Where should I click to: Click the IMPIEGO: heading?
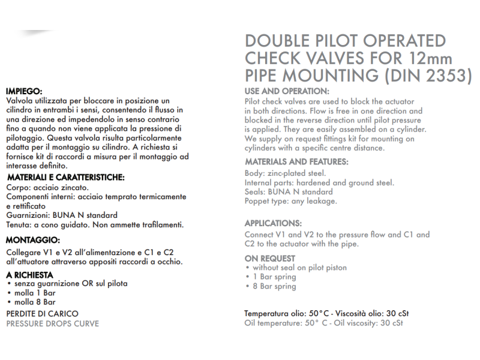pos(23,91)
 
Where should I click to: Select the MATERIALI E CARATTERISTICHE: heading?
pos(65,178)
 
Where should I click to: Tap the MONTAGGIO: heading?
pos(32,240)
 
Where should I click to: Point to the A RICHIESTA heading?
pos(29,275)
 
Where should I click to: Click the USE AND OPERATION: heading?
pos(287,91)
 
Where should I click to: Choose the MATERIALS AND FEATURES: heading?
pos(296,162)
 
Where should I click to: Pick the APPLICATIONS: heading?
pos(273,223)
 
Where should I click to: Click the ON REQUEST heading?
pos(269,258)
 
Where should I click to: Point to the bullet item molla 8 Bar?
pos(35,302)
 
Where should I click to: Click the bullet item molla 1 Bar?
pos(35,293)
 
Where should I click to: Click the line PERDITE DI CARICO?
pos(42,314)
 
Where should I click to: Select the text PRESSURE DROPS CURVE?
pos(52,323)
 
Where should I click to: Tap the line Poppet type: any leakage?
pos(290,201)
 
